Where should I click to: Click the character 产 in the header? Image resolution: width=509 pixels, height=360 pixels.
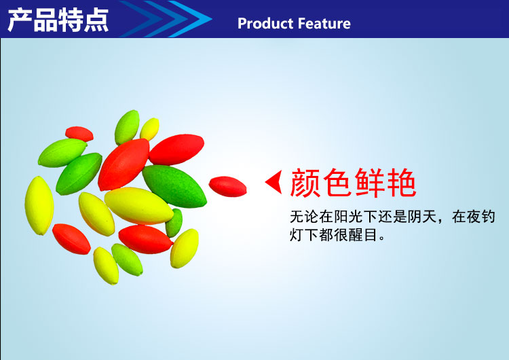20,20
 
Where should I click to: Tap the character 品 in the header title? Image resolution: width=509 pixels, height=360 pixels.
45,20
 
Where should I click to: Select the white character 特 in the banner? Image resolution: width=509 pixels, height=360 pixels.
71,20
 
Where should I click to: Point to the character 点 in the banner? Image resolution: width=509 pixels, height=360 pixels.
96,20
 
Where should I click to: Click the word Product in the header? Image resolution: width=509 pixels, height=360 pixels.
265,23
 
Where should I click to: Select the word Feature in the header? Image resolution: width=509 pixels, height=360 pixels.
324,23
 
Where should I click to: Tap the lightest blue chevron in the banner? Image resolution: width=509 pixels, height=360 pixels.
190,19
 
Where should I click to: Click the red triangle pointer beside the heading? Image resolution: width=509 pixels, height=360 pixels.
274,182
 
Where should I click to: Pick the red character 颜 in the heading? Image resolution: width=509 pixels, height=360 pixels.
305,183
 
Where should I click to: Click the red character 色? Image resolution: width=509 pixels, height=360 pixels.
337,183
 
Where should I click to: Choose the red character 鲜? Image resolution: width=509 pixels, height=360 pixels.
369,183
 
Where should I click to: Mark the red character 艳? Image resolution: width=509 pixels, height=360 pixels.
401,183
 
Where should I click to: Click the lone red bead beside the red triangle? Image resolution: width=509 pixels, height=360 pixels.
227,187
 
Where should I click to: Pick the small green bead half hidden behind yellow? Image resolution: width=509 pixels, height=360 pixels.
174,223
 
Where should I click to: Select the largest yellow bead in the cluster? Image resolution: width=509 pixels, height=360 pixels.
139,206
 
